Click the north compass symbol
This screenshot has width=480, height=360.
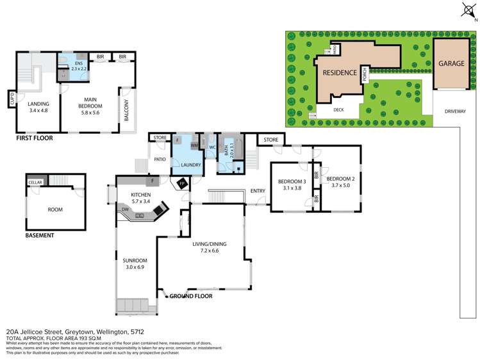pyautogui.click(x=466, y=9)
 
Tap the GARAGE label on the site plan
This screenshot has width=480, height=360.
pyautogui.click(x=451, y=64)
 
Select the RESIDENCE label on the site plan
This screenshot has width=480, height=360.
pyautogui.click(x=339, y=73)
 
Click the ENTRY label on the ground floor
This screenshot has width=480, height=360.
pyautogui.click(x=258, y=191)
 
